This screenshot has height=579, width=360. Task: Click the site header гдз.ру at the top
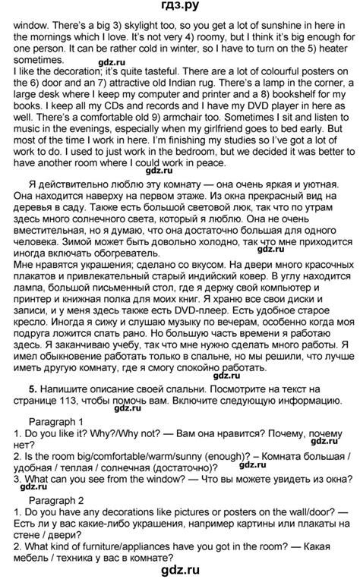point(179,7)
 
